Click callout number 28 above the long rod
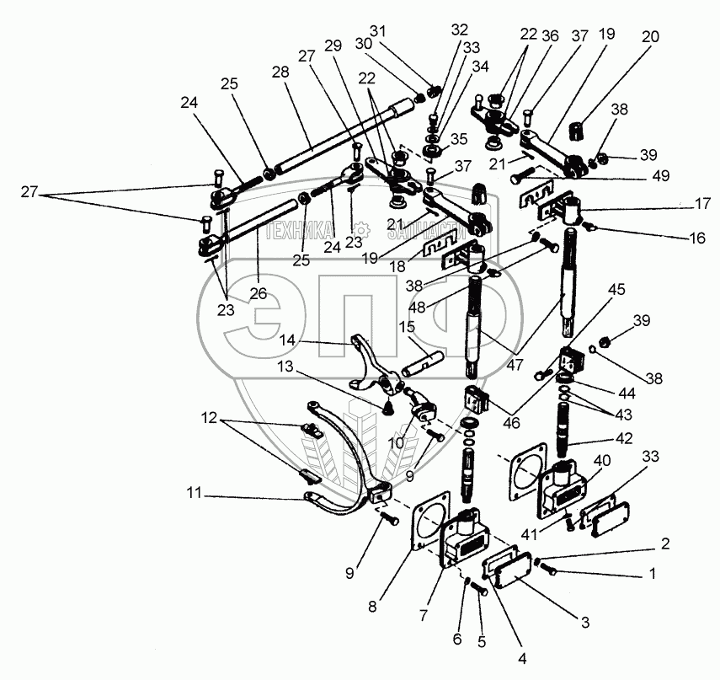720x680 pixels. [x=281, y=72]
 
